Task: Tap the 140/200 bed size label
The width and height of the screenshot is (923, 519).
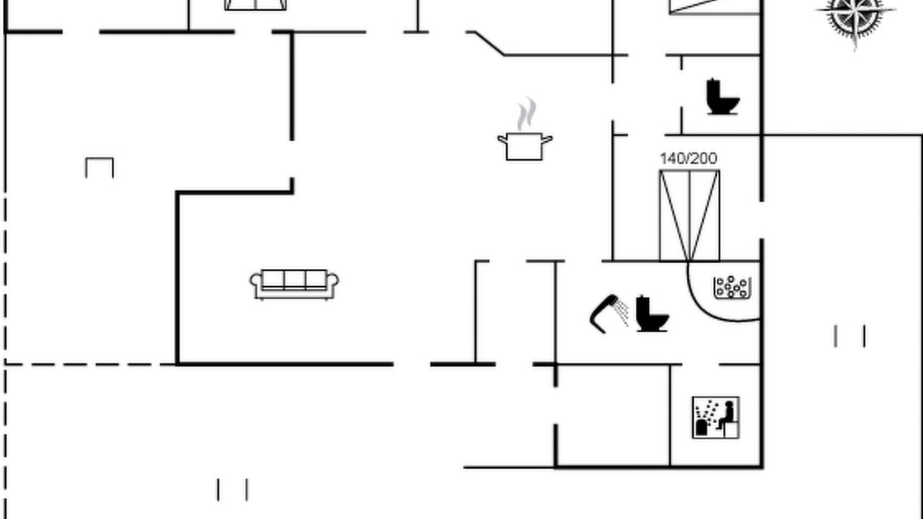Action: click(x=689, y=159)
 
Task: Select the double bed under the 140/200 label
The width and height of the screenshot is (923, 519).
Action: click(x=689, y=216)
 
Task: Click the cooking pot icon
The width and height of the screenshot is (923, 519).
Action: click(x=524, y=146)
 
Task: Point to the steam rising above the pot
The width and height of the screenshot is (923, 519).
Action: click(x=526, y=114)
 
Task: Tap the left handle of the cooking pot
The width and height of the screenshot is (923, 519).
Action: click(x=503, y=140)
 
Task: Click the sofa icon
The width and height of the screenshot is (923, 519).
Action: click(x=294, y=284)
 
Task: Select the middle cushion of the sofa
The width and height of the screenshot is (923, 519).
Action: click(x=295, y=280)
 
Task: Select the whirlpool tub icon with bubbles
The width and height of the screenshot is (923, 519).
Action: click(x=731, y=287)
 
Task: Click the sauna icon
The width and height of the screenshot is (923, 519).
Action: click(x=716, y=417)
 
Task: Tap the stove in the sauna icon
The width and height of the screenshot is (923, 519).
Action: click(x=702, y=427)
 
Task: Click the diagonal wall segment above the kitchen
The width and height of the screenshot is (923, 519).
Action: click(x=489, y=43)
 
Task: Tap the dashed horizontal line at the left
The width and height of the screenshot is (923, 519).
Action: click(x=89, y=365)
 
